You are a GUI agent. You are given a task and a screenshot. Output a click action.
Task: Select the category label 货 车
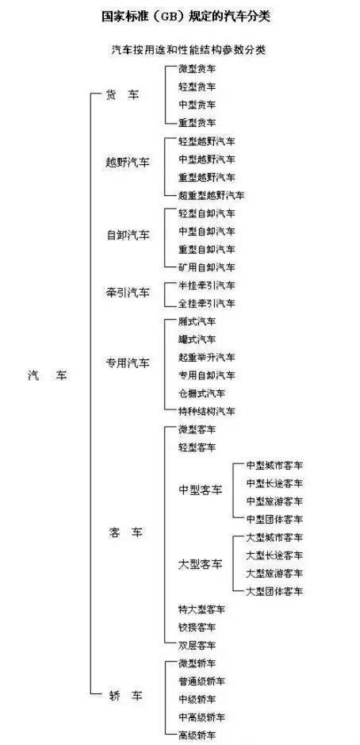point(123,95)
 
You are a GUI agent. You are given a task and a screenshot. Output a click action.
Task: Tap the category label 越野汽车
point(128,163)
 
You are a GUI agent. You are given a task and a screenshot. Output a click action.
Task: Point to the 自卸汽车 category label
point(128,235)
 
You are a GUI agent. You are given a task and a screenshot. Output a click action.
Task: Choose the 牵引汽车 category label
point(128,292)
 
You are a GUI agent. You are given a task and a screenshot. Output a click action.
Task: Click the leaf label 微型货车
point(197,68)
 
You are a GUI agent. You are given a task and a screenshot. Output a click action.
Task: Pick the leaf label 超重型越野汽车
point(212,195)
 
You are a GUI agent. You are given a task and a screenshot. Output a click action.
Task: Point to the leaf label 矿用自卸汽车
point(207,267)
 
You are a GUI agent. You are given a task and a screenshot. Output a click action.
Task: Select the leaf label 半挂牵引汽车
point(207,285)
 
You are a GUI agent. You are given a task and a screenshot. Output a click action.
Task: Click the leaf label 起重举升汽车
point(207,357)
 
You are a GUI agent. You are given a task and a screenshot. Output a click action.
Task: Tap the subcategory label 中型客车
point(201,490)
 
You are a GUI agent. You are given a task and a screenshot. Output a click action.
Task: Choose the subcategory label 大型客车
point(201,564)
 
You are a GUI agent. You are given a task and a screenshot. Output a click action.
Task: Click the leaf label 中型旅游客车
point(274,501)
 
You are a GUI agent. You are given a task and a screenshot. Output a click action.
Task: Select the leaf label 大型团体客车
point(274,591)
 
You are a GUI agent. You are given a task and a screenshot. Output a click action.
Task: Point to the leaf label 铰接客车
point(197,627)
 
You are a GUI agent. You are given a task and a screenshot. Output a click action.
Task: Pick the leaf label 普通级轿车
point(202,682)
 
